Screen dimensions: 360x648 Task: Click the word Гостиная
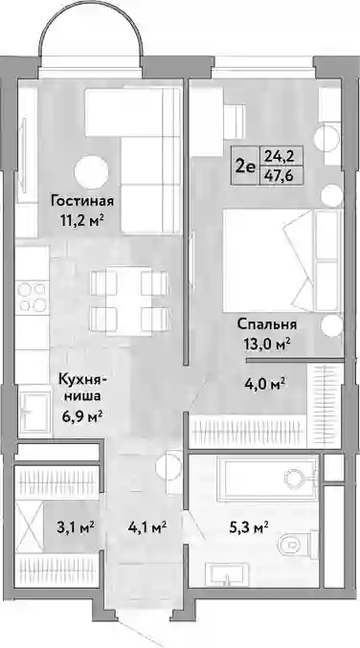tap(82, 201)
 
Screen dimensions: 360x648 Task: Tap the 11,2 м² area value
tap(81, 220)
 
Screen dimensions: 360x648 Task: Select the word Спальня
tap(267, 324)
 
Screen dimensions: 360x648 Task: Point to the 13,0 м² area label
tap(266, 343)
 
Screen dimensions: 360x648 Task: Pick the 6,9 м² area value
tap(81, 414)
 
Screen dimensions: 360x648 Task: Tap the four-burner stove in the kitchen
tap(33, 297)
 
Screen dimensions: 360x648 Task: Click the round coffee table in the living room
tap(91, 172)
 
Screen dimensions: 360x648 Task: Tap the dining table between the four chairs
tap(123, 301)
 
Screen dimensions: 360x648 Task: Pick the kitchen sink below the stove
tap(35, 409)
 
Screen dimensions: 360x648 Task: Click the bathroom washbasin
tap(227, 574)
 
